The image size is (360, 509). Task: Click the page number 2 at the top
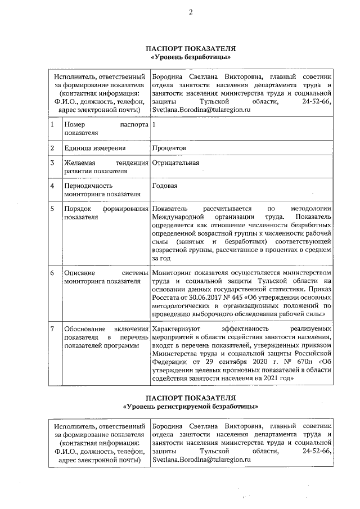pos(190,13)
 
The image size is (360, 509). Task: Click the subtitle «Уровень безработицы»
pos(191,57)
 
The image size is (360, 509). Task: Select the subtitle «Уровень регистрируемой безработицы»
pos(191,405)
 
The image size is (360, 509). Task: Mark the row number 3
pos(52,164)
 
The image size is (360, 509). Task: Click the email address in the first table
pos(201,111)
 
